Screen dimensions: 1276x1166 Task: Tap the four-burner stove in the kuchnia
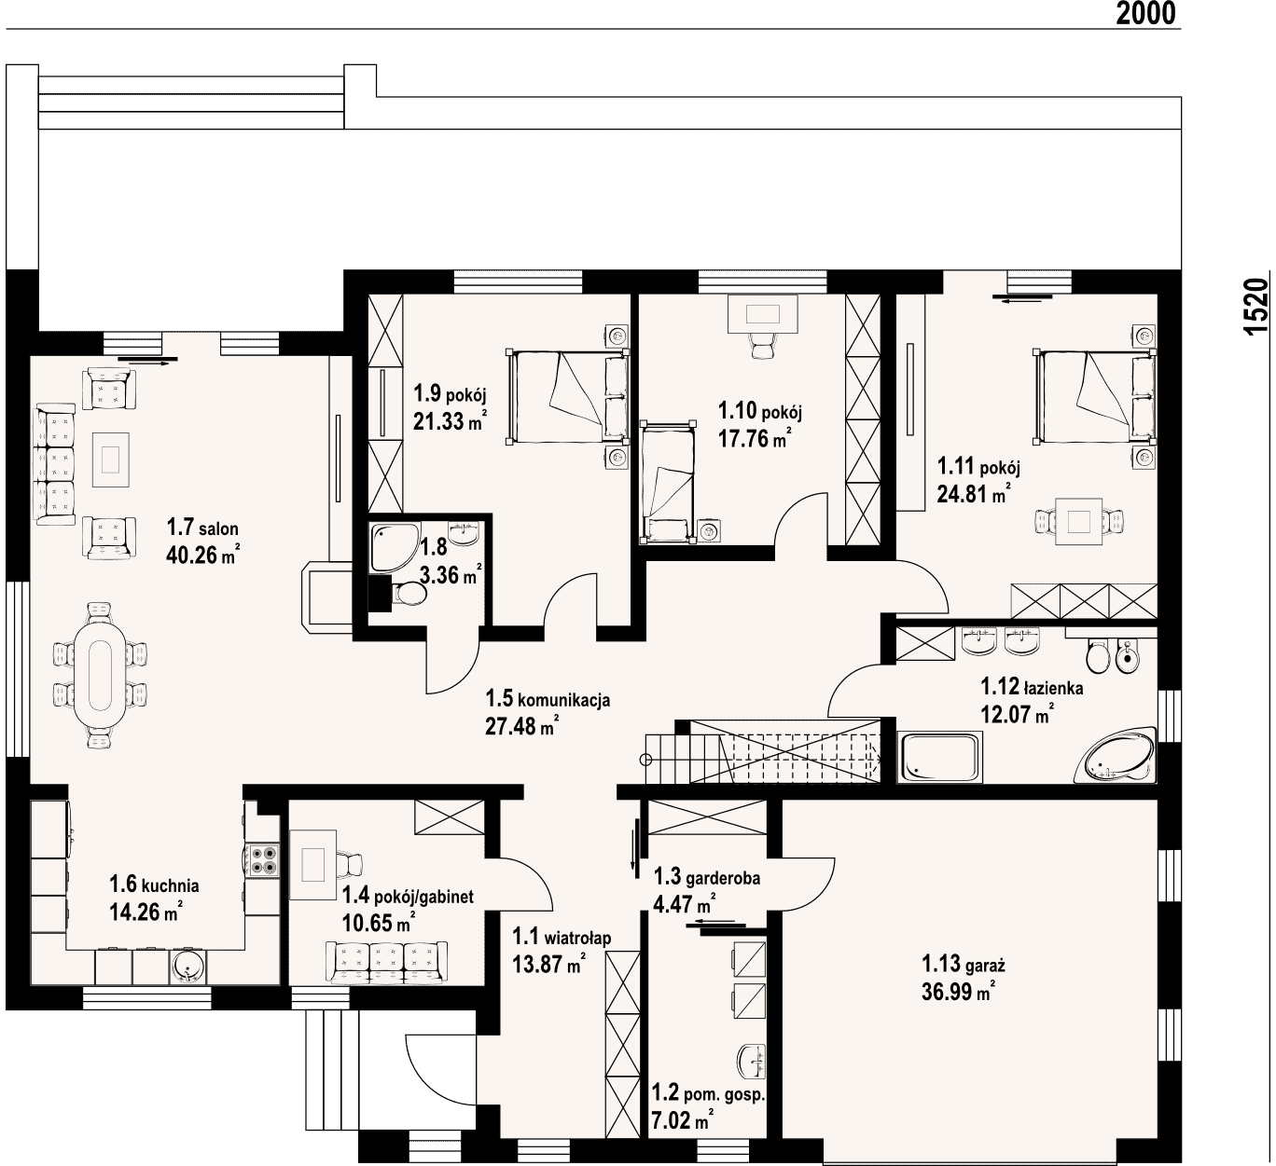pos(263,859)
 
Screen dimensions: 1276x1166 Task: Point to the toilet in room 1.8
pos(408,595)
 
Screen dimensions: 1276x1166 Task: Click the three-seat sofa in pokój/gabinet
pos(387,963)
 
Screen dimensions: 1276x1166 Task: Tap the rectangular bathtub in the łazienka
pos(940,757)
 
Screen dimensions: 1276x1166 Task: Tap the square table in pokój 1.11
pos(1079,521)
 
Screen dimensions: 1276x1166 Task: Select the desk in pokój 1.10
pos(763,314)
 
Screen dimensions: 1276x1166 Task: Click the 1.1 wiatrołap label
pos(562,937)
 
